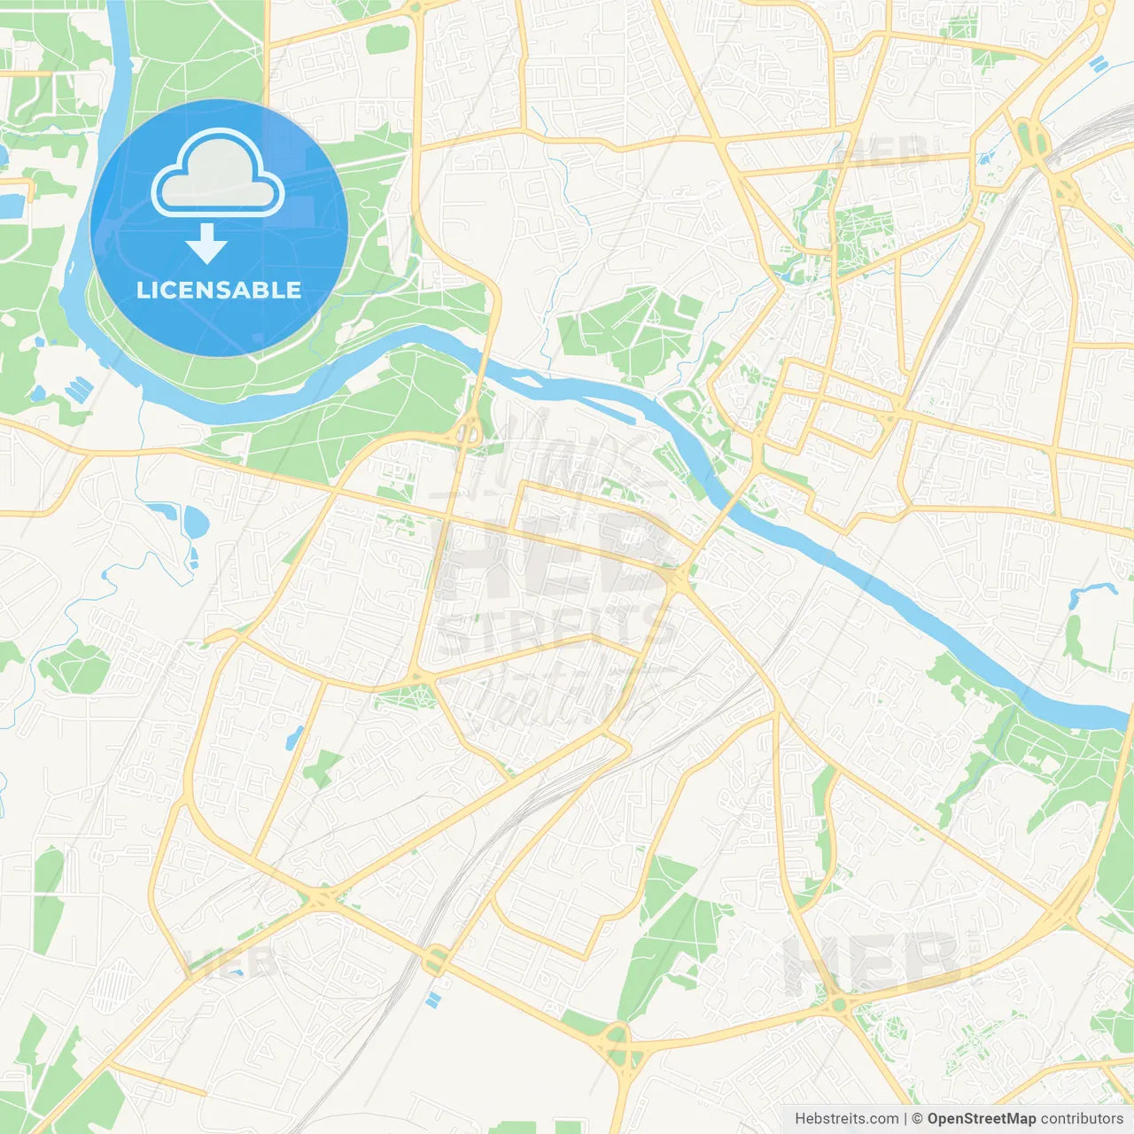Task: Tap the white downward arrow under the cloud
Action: pos(207,244)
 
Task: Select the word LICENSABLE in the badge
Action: pos(219,290)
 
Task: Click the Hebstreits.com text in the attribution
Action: pos(846,1119)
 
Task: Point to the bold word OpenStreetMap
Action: pos(981,1119)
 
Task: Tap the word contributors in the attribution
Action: pos(1082,1119)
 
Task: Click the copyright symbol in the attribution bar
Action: pos(918,1119)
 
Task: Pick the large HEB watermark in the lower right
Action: pos(873,962)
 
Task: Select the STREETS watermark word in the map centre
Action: pos(556,630)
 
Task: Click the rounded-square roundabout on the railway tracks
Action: pos(436,959)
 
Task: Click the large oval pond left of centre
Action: pos(195,522)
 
